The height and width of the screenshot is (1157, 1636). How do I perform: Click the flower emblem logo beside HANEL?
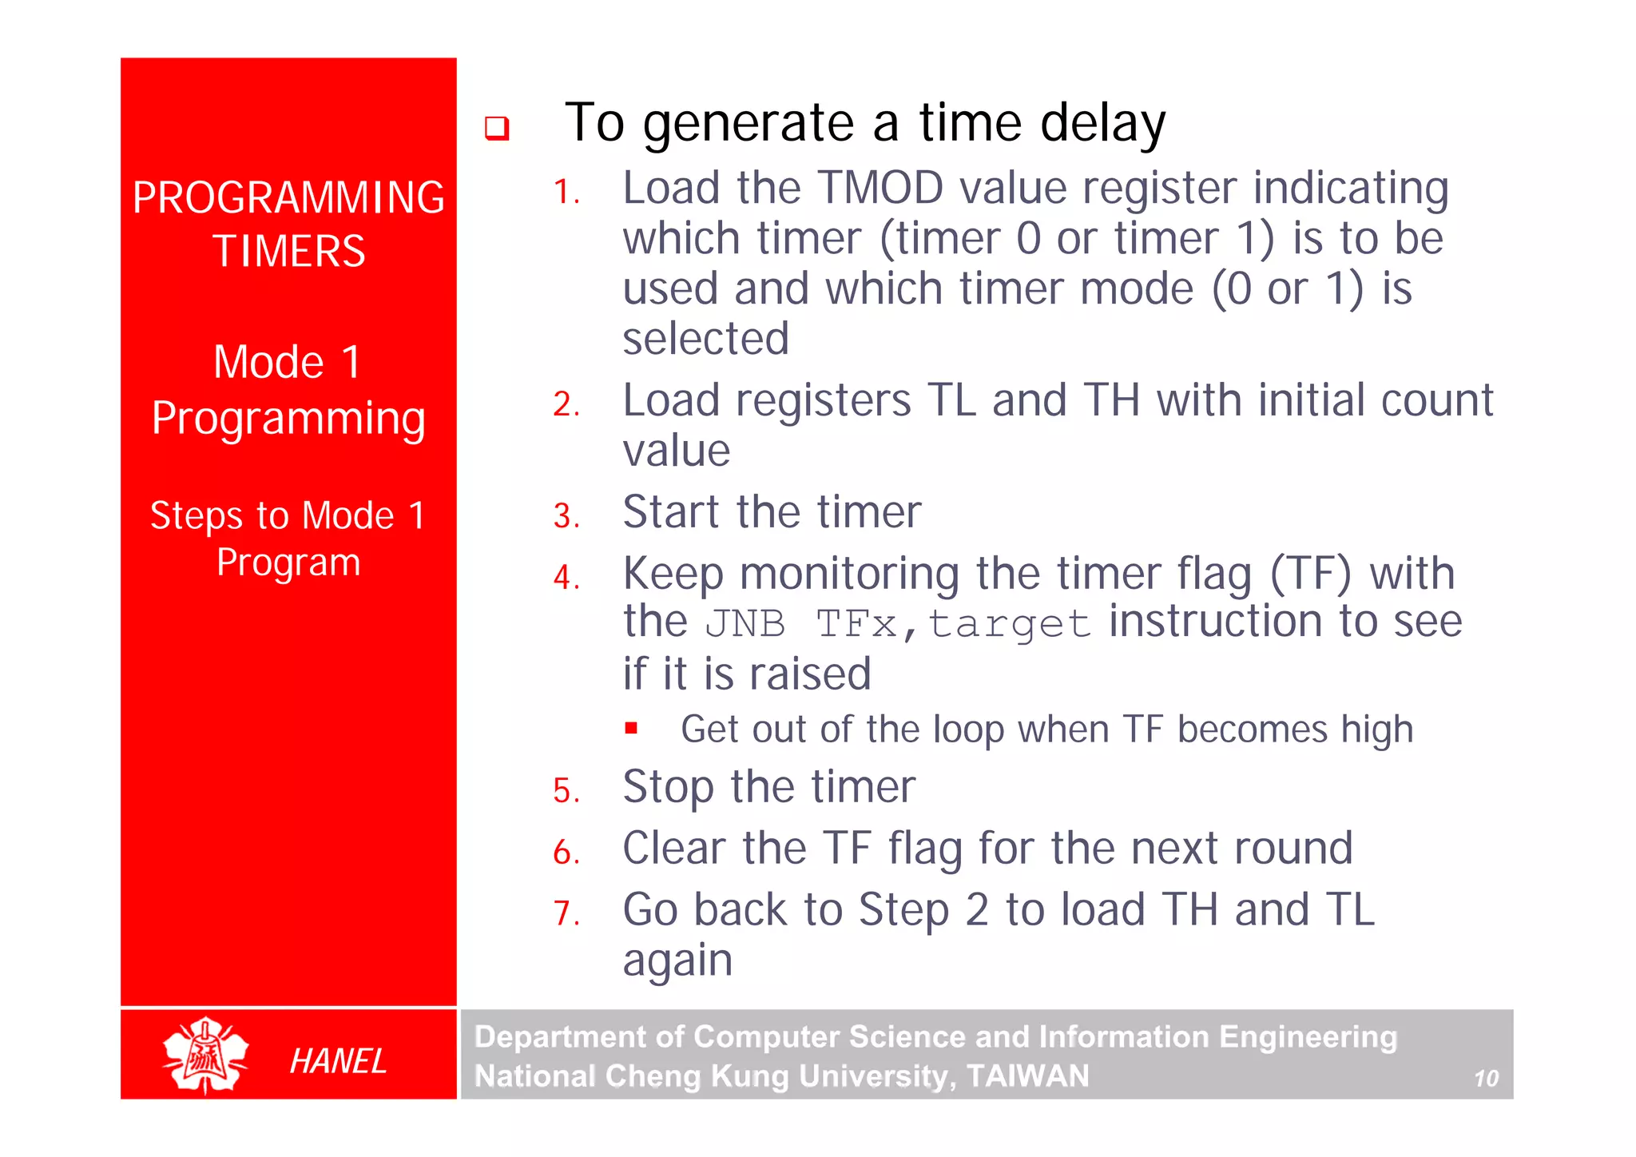point(205,1055)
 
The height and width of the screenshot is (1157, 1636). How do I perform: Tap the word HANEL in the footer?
point(337,1061)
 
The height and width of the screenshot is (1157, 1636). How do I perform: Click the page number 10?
point(1486,1079)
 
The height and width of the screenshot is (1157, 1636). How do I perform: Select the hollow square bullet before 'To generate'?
point(497,128)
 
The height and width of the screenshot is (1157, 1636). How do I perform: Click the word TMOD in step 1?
point(881,189)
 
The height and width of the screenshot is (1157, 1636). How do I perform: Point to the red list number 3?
point(566,515)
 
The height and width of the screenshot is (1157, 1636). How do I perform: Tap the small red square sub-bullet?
point(631,728)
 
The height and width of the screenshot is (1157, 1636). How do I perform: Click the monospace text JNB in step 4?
point(745,624)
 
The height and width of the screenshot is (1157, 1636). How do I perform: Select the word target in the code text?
point(1009,624)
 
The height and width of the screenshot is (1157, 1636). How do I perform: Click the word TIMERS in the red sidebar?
point(288,251)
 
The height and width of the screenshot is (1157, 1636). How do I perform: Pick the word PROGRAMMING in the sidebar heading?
point(288,197)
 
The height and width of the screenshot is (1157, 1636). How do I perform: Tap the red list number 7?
point(566,913)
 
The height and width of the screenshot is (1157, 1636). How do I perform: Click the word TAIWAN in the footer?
point(1027,1075)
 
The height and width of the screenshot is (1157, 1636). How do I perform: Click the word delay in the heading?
point(1102,124)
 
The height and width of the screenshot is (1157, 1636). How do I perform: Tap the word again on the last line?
point(677,960)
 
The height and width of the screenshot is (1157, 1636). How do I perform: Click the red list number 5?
point(566,791)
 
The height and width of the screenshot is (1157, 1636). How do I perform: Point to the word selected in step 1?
point(706,339)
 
